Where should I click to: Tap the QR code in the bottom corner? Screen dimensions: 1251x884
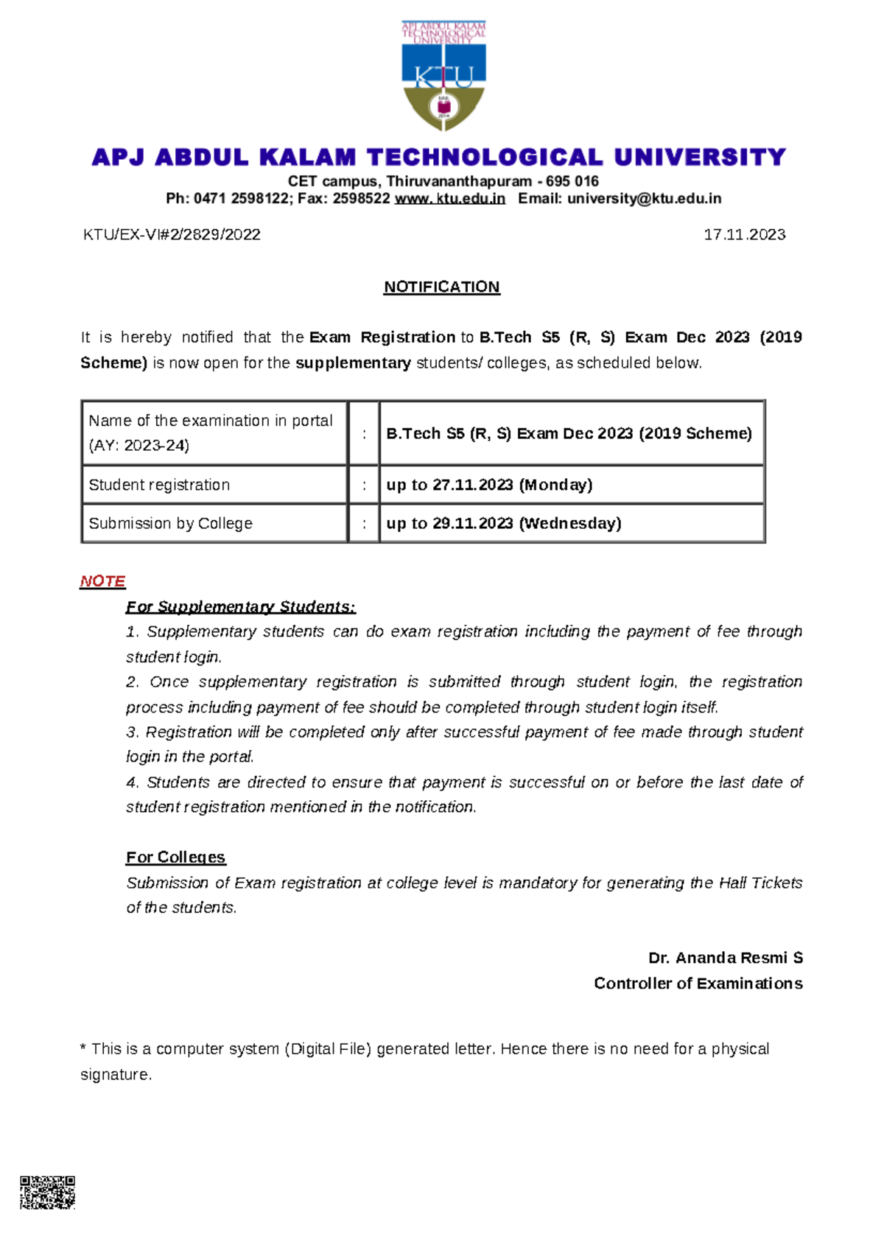[47, 1192]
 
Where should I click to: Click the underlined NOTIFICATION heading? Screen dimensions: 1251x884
[441, 287]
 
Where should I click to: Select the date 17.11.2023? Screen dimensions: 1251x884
[744, 234]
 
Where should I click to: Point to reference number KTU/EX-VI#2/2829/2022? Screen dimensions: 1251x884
[172, 234]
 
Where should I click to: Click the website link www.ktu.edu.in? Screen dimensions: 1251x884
[449, 198]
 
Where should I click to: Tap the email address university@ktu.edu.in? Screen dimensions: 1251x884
[644, 198]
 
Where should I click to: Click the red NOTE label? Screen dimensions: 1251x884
[102, 581]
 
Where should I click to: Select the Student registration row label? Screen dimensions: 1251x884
[159, 485]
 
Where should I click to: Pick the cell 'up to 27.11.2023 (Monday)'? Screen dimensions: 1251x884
[489, 485]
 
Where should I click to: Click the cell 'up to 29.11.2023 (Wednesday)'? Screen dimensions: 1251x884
[504, 523]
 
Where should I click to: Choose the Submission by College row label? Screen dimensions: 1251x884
[170, 523]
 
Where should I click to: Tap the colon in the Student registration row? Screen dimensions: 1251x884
[364, 485]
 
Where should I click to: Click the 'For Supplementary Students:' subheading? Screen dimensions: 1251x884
[240, 606]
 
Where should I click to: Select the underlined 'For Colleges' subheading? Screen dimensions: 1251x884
[175, 857]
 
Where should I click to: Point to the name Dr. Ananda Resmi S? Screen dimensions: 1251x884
[725, 958]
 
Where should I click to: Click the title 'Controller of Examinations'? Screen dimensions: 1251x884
[698, 984]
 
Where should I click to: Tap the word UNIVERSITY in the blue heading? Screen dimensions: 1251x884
[700, 157]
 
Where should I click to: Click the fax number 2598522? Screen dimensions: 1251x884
[361, 198]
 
